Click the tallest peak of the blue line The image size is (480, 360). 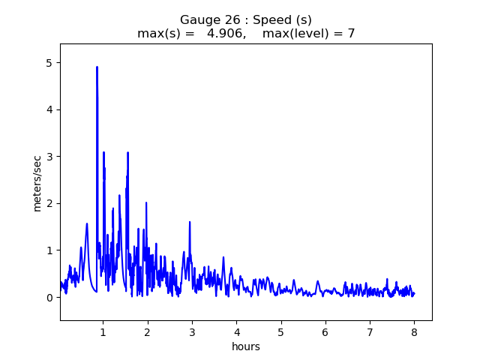click(x=97, y=67)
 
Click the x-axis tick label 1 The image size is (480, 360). click(x=103, y=331)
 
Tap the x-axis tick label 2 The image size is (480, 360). click(x=148, y=331)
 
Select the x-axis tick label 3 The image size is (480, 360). click(x=192, y=331)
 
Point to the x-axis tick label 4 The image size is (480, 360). click(x=236, y=331)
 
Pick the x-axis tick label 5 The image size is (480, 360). click(x=281, y=331)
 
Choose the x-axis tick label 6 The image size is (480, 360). click(x=325, y=331)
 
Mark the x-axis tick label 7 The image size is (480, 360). click(x=370, y=331)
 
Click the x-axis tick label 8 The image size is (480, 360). click(x=414, y=331)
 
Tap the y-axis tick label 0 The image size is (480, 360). click(x=50, y=297)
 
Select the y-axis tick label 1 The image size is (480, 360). click(x=50, y=250)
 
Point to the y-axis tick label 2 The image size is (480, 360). click(x=50, y=203)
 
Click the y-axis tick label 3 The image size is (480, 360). click(x=50, y=157)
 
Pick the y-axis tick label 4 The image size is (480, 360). click(x=50, y=109)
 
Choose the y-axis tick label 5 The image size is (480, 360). click(x=50, y=63)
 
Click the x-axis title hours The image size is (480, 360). click(x=246, y=346)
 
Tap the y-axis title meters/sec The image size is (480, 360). click(x=37, y=183)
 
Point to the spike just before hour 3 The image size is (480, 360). click(x=190, y=223)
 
